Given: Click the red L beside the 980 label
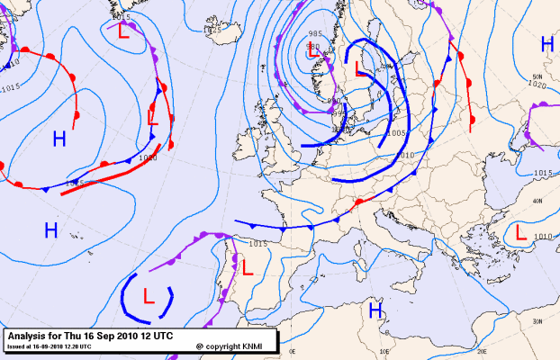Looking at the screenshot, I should click(313, 54).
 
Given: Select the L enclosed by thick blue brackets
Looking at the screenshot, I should click(149, 294).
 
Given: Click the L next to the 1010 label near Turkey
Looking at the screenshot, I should click(521, 231).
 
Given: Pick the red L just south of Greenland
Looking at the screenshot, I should click(122, 31).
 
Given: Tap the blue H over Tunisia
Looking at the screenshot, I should click(375, 310).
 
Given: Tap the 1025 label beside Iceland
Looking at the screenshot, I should click(212, 31).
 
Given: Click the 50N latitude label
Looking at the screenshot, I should click(537, 76).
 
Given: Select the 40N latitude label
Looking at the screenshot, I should click(537, 202).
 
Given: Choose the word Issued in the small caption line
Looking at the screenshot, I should click(16, 346).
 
